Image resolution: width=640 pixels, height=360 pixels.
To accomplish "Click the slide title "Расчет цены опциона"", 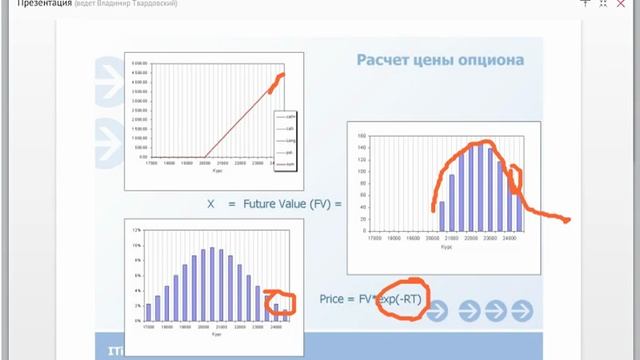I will (x=440, y=60).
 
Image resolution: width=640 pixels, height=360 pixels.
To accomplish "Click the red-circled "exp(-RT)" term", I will (x=397, y=298).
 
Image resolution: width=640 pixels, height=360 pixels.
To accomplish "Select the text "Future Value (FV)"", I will (x=285, y=204).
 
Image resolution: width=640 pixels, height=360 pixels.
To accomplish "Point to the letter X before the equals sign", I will (x=211, y=204).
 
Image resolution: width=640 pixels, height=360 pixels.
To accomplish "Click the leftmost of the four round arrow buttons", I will (x=436, y=312).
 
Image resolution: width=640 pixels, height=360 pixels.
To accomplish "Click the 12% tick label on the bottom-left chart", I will (x=135, y=229).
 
